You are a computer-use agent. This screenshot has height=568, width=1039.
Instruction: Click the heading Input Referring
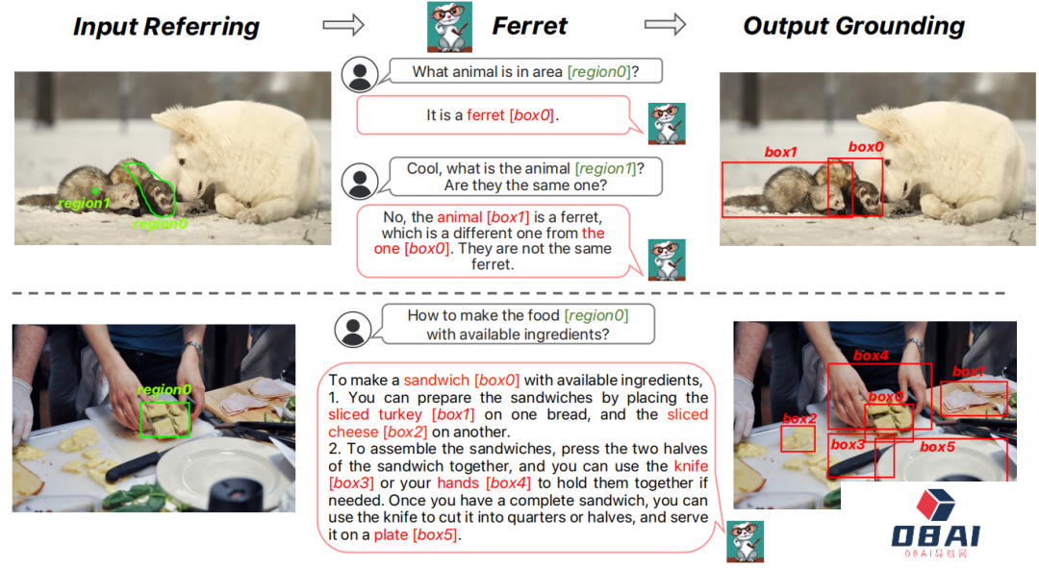pyautogui.click(x=166, y=27)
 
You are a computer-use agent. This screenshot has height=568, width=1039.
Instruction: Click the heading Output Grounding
pyautogui.click(x=853, y=26)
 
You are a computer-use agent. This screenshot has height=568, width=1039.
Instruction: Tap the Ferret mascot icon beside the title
pyautogui.click(x=449, y=27)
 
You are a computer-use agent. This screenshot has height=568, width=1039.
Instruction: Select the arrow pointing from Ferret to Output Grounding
pyautogui.click(x=666, y=24)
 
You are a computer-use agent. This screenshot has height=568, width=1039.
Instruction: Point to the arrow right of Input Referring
pyautogui.click(x=343, y=24)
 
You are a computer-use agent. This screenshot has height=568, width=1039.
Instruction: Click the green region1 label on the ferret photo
pyautogui.click(x=84, y=203)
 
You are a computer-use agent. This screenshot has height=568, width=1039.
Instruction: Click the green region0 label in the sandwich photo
pyautogui.click(x=165, y=390)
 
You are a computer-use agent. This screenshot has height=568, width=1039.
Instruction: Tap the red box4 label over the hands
pyautogui.click(x=871, y=356)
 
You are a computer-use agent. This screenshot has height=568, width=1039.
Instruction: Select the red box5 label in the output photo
pyautogui.click(x=938, y=447)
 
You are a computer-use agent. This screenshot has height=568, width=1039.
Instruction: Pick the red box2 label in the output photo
pyautogui.click(x=799, y=418)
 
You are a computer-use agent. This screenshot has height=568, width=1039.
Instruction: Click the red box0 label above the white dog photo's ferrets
pyautogui.click(x=866, y=147)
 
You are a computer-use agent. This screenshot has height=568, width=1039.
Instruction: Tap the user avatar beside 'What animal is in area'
pyautogui.click(x=360, y=74)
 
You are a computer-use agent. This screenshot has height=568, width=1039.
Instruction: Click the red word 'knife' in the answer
pyautogui.click(x=691, y=466)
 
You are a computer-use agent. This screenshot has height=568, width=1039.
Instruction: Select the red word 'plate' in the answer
pyautogui.click(x=391, y=535)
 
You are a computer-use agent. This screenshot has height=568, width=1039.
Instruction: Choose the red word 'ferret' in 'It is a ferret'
pyautogui.click(x=486, y=115)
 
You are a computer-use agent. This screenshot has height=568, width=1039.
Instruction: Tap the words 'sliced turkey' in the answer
pyautogui.click(x=375, y=414)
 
